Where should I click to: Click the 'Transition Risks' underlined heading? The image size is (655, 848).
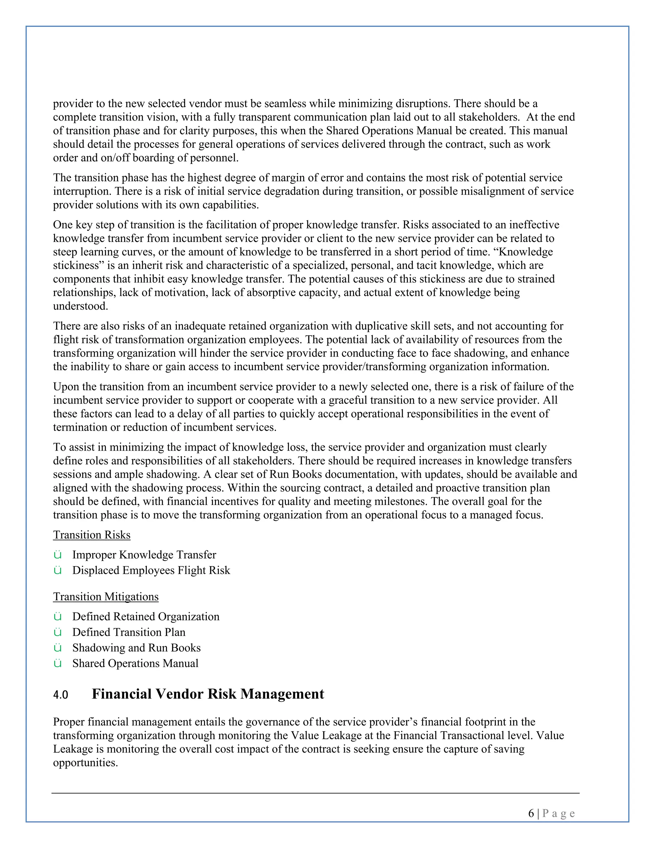click(91, 535)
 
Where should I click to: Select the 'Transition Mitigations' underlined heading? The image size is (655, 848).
click(106, 596)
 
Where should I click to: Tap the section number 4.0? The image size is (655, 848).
click(60, 695)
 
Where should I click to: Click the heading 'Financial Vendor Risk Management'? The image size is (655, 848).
click(208, 694)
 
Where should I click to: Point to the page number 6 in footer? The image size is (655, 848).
click(531, 813)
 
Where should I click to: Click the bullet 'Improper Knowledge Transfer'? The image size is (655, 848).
click(144, 555)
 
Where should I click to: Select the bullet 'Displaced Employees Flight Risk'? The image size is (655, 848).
click(151, 570)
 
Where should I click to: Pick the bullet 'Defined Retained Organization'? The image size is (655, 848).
click(146, 617)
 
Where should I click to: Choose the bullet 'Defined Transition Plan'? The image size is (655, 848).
click(129, 632)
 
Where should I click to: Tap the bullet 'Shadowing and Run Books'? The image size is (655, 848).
click(136, 648)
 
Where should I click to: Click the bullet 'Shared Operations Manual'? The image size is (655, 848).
click(135, 663)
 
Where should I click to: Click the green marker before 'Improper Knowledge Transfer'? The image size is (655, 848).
click(58, 555)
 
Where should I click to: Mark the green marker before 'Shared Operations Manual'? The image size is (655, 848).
click(58, 664)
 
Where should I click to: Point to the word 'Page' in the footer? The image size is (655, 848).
click(558, 813)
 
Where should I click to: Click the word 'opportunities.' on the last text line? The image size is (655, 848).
click(85, 762)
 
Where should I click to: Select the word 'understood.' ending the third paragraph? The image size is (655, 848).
click(80, 306)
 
